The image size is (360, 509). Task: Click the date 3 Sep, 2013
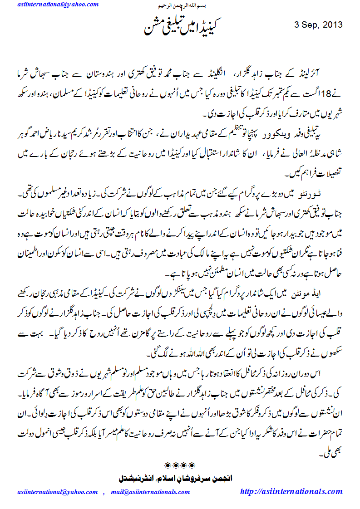pos(319,24)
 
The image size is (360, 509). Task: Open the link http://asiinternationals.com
pos(291,492)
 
